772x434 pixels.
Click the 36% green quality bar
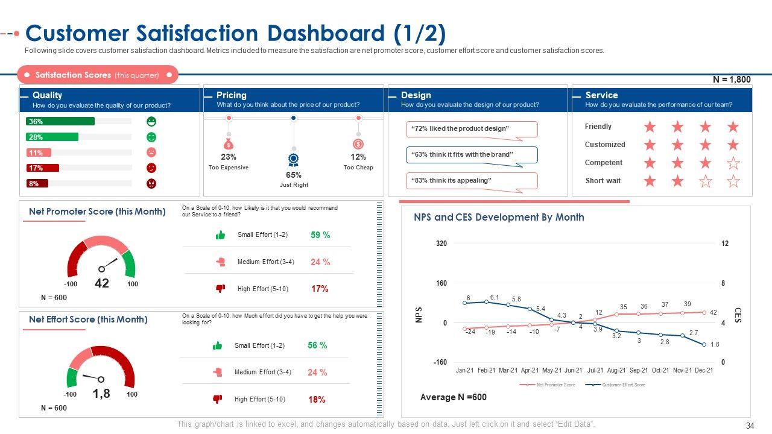coord(60,121)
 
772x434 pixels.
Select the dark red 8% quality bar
coord(37,183)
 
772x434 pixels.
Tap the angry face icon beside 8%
coord(151,183)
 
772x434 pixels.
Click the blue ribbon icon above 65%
coord(294,160)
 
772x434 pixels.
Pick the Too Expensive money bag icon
coord(229,144)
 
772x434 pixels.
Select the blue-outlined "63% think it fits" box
coord(471,155)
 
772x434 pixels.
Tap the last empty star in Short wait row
coord(733,181)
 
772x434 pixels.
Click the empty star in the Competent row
coord(733,163)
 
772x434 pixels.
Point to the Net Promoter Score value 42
coord(102,283)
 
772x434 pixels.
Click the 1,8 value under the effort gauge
coord(101,394)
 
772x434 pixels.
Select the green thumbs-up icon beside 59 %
coord(220,235)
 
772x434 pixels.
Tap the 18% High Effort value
coord(317,400)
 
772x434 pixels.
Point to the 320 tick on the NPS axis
coord(441,244)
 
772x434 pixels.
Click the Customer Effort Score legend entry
coord(623,385)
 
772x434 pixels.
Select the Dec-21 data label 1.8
coord(714,344)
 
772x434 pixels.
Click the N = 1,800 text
coord(732,80)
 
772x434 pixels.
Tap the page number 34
coord(750,426)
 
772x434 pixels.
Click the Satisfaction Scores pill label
coord(97,75)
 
